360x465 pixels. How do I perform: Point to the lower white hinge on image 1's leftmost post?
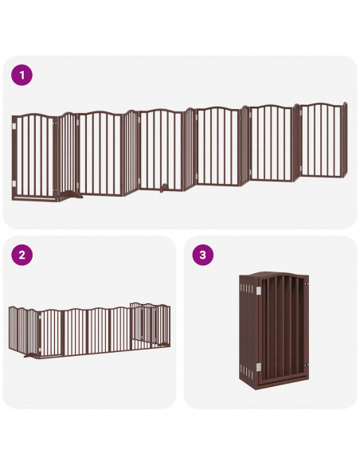tap(15, 184)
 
